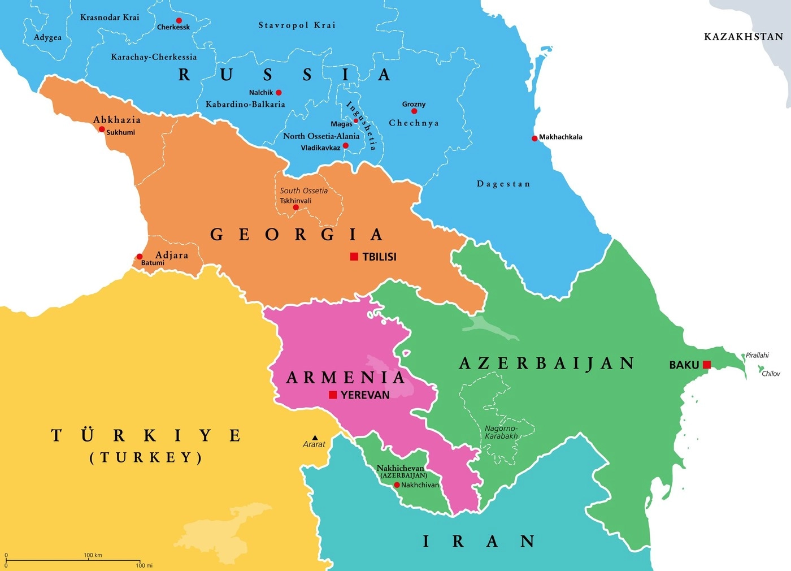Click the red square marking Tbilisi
(354, 257)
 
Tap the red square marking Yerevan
(333, 395)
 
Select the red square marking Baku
(706, 365)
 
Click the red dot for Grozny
(414, 111)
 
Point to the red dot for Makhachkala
(534, 138)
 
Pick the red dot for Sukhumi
(102, 129)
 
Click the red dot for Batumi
(140, 257)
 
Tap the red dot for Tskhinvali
(295, 207)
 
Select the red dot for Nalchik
(279, 93)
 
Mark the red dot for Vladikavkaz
(346, 146)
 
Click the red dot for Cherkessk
(179, 20)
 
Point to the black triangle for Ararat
(315, 438)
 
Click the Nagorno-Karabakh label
(501, 432)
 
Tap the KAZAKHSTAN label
(743, 37)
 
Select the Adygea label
(47, 38)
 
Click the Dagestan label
(503, 184)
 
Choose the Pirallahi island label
(757, 355)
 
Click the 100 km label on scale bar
(93, 555)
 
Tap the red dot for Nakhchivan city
(397, 485)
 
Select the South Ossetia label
(303, 191)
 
